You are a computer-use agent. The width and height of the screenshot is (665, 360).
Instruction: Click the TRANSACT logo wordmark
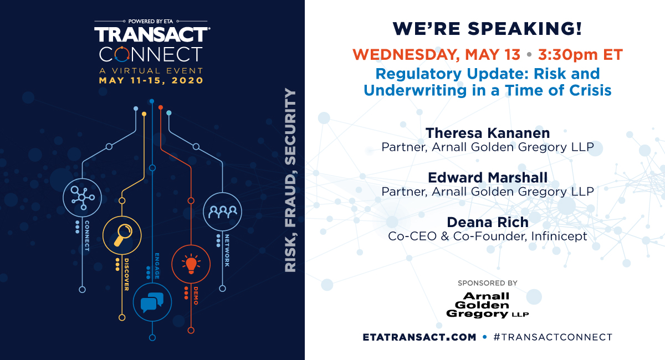point(152,34)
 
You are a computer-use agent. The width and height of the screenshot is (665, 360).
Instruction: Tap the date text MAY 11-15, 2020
point(151,80)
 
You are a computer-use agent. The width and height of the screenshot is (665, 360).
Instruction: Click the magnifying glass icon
point(122,235)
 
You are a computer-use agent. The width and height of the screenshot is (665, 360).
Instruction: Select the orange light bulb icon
point(191,264)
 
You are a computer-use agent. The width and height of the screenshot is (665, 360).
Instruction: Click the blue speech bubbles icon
point(152,302)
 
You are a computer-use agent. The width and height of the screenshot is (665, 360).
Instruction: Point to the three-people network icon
point(223,212)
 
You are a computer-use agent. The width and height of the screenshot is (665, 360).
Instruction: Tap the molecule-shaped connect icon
point(82,197)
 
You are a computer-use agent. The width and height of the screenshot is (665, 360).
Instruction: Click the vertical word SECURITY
point(290,126)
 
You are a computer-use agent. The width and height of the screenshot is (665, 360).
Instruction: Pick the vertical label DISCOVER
point(126,275)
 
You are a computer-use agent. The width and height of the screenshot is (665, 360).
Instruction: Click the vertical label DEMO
point(196,296)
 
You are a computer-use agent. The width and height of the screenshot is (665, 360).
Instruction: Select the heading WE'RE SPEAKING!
point(487,29)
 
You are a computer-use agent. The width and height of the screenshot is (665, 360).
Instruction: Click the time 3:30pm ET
point(580,55)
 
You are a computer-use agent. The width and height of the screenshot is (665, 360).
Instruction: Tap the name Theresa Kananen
point(488,133)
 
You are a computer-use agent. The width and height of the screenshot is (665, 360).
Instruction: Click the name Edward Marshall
point(488,177)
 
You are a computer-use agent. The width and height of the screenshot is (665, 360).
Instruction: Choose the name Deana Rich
point(488,222)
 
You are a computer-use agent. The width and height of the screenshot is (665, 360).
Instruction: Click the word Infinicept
point(559,236)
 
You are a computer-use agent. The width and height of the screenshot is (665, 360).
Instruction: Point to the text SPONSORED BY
point(488,283)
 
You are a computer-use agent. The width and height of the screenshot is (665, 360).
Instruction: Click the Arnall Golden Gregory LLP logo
point(488,305)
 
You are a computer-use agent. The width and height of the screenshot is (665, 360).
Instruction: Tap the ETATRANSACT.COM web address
point(419,337)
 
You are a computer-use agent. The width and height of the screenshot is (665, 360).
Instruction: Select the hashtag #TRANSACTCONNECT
point(553,337)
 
